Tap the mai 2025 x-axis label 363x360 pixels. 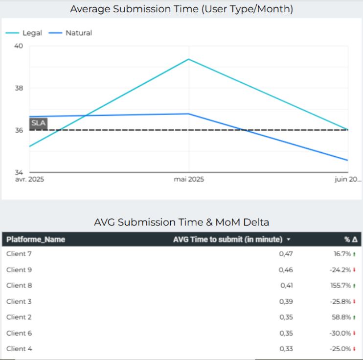coord(189,179)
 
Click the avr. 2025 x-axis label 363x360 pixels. coord(30,179)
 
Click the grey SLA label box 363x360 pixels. coord(38,123)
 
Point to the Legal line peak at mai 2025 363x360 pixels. coord(189,59)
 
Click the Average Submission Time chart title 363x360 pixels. coord(181,9)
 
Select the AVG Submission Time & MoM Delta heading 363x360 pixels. coord(181,222)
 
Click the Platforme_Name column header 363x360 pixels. coord(36,240)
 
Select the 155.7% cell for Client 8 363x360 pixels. coord(341,286)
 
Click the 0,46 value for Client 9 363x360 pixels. coord(286,270)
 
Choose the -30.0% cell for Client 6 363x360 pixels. coord(341,333)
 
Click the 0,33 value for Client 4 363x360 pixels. coord(286,349)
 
